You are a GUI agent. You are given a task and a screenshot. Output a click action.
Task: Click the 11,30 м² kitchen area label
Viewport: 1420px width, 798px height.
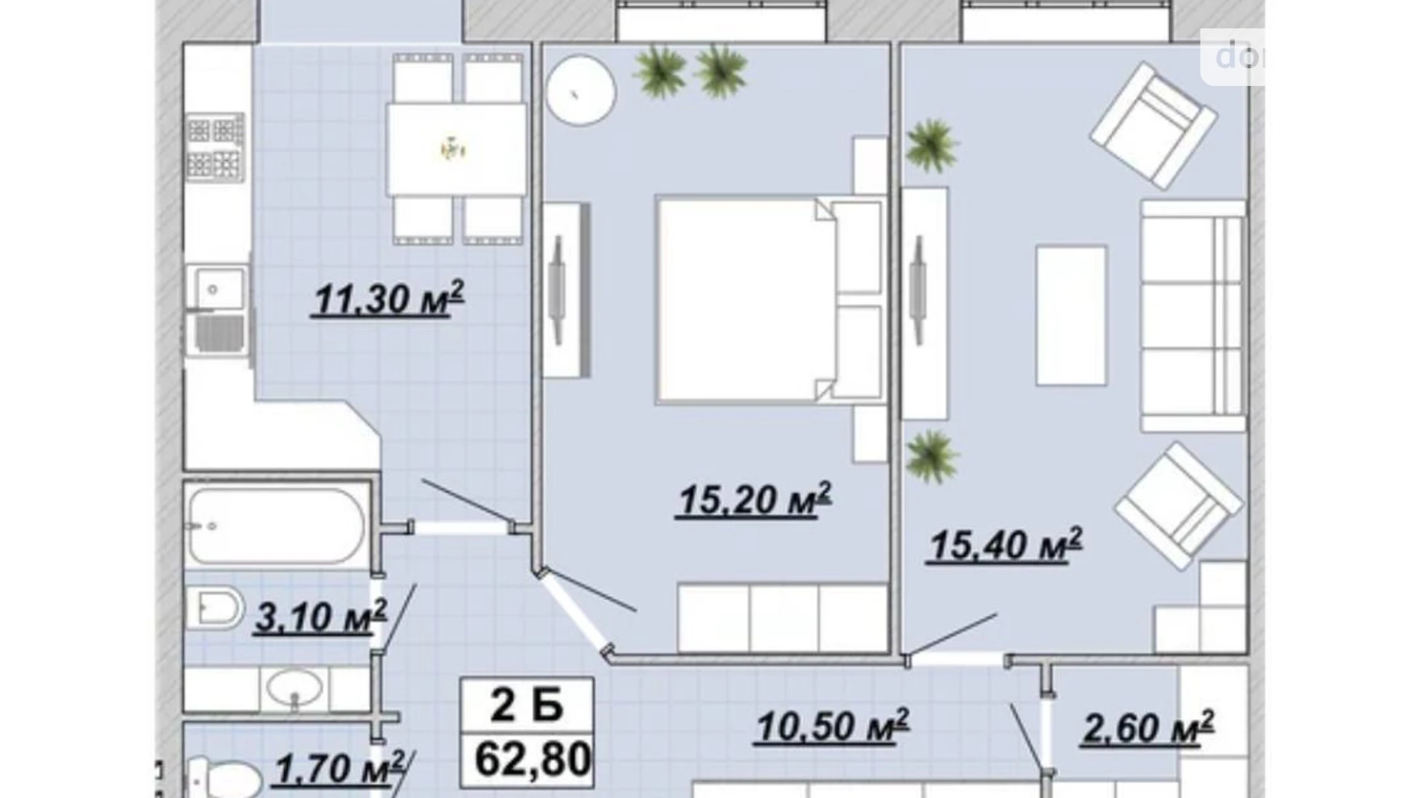388,298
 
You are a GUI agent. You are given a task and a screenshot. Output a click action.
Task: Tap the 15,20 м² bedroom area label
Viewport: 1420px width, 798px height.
755,499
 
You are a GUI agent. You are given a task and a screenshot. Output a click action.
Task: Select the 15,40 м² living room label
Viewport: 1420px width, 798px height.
1006,544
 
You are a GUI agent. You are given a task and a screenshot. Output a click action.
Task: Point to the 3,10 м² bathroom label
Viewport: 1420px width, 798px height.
320,616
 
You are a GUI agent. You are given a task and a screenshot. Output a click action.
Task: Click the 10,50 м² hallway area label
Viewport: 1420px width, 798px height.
832,726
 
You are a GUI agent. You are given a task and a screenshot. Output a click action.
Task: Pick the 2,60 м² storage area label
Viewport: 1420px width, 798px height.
1148,727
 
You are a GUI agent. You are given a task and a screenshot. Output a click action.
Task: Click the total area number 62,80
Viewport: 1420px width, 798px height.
533,759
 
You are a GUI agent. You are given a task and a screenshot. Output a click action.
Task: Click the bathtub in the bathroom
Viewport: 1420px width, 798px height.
277,526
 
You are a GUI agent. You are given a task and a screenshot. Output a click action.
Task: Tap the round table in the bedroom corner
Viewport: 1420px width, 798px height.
581,90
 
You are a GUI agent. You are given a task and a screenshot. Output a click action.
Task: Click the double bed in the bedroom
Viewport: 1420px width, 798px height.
768,300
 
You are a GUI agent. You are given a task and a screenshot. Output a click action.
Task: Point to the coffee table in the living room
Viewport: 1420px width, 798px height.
1072,315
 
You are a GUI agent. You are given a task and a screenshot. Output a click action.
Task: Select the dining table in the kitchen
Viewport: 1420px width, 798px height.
457,150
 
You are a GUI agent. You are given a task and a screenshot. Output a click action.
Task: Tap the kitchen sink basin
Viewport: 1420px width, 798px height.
214,289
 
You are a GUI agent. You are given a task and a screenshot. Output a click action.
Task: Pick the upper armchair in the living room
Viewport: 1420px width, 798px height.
1153,125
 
